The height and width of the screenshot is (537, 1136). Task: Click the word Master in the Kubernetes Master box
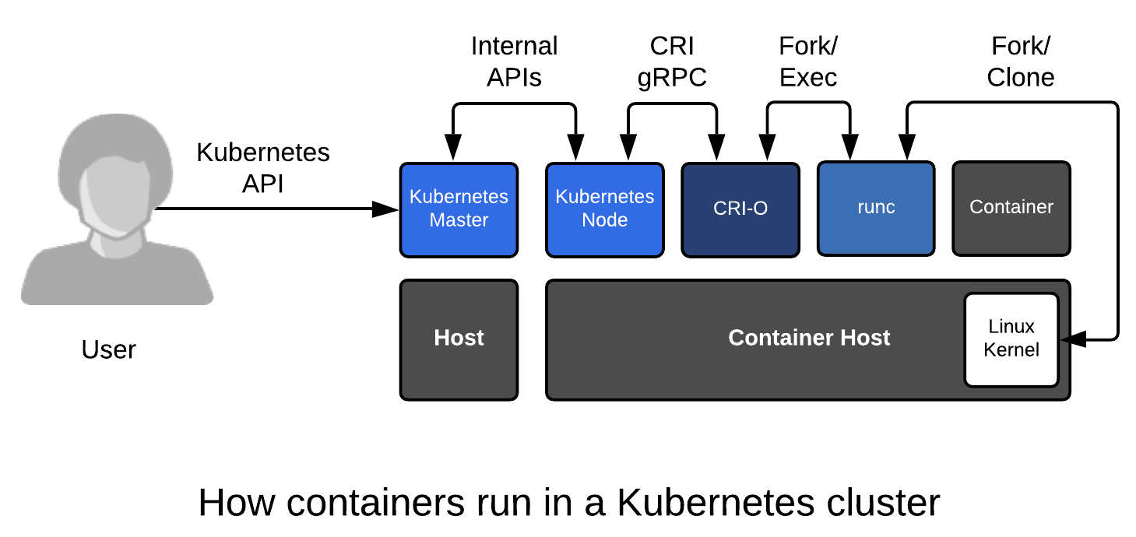tap(459, 220)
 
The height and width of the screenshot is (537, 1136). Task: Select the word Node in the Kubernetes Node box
tap(604, 220)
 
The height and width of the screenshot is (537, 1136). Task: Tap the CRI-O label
tap(740, 209)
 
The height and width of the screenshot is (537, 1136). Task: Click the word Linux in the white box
tap(1011, 326)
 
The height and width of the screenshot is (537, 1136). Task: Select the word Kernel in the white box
tap(1011, 349)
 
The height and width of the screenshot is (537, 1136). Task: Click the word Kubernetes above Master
tap(459, 197)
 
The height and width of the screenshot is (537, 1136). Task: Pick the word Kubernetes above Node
tap(604, 197)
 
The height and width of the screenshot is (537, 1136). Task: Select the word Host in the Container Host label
tap(865, 338)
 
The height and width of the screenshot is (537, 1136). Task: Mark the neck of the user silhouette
tap(117, 247)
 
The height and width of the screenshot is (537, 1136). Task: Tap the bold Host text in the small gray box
tap(459, 338)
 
